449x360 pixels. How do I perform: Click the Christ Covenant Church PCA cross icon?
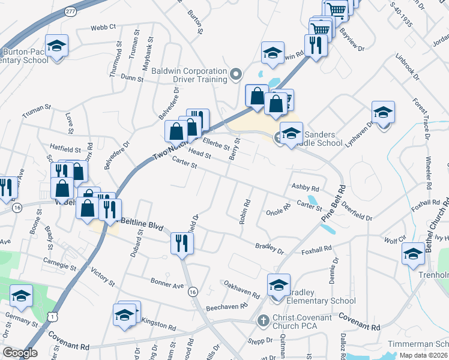[x=262, y=321]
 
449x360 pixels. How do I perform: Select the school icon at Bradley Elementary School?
[x=279, y=285]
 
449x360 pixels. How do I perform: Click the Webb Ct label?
[x=103, y=28]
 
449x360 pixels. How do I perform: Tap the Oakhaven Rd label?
[x=241, y=289]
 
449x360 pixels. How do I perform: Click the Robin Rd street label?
[x=243, y=212]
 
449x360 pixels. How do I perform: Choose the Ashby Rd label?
[x=305, y=187]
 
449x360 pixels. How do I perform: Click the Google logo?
[x=20, y=352]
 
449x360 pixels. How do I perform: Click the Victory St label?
[x=102, y=277]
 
